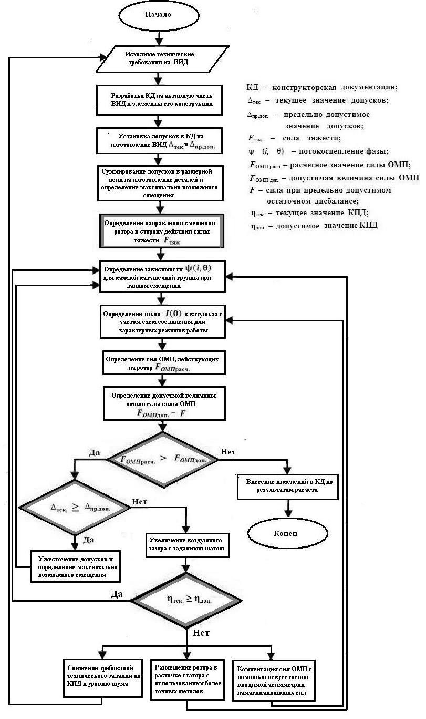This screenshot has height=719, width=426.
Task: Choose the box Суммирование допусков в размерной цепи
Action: tap(162, 183)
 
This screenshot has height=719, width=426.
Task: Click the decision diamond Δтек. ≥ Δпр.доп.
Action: tap(74, 508)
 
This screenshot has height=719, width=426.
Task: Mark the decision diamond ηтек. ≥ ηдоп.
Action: tap(186, 600)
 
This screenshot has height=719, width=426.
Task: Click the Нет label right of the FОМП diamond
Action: tap(228, 451)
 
